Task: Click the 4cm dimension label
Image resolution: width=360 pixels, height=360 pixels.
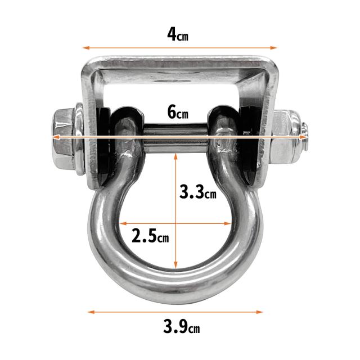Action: [178, 35]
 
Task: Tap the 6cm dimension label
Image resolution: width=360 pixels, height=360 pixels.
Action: [178, 112]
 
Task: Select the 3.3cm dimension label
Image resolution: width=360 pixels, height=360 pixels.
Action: [197, 192]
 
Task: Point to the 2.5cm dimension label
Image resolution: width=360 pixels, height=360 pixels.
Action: [150, 236]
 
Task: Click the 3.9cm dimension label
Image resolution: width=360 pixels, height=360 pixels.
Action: [181, 326]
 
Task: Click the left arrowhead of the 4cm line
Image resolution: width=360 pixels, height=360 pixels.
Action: [86, 48]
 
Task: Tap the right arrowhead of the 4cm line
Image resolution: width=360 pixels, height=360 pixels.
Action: [274, 48]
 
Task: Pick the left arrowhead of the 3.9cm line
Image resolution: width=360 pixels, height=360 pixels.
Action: [91, 312]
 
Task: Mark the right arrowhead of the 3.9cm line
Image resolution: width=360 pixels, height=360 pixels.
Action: [259, 312]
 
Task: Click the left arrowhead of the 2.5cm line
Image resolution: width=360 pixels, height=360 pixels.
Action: [123, 223]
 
